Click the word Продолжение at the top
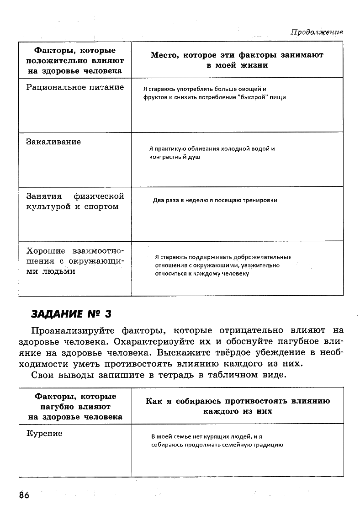[x=317, y=32]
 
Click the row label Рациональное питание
[x=75, y=87]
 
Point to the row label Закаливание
[x=53, y=142]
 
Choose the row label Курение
[x=44, y=433]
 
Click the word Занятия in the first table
[x=44, y=196]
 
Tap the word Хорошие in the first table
[x=45, y=251]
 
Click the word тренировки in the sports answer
[x=261, y=200]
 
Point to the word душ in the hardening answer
[x=195, y=157]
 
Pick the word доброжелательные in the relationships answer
[x=265, y=257]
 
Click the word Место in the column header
[x=164, y=55]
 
